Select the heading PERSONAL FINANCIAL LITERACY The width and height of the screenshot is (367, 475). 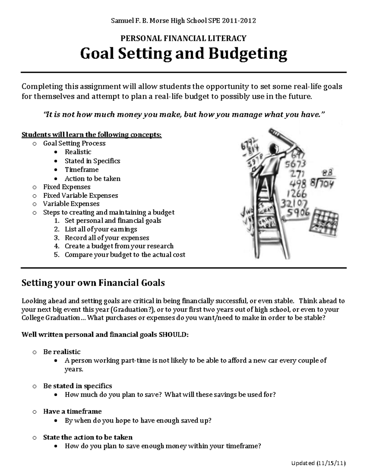click(x=183, y=38)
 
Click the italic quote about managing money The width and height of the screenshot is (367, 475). click(x=183, y=115)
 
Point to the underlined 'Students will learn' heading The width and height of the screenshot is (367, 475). click(x=91, y=135)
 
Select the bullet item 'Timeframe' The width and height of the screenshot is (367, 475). click(x=81, y=170)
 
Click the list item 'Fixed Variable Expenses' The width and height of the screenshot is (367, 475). click(x=80, y=195)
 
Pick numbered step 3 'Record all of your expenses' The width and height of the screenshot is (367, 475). click(x=107, y=238)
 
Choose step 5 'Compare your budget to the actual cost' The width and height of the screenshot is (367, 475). click(x=125, y=254)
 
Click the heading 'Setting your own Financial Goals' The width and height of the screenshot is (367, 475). click(x=93, y=283)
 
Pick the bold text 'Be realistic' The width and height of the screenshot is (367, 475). click(x=62, y=352)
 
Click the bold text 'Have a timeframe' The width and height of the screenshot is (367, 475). click(x=72, y=411)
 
